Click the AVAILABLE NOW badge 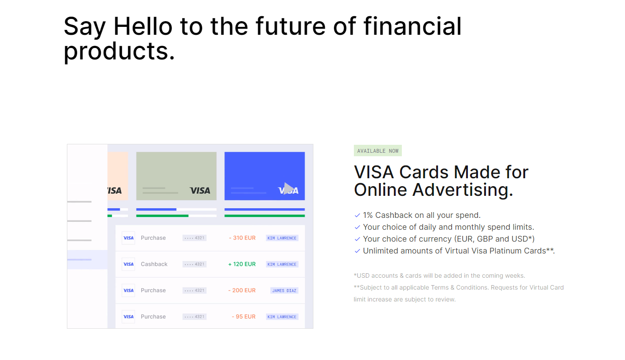tap(378, 151)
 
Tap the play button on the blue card tap(288, 188)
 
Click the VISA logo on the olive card tap(200, 191)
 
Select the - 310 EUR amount tap(242, 238)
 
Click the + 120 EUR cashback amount tap(242, 264)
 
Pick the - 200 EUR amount tap(242, 290)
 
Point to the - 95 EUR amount tap(243, 316)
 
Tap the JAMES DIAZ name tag tap(284, 290)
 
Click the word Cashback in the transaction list tap(154, 264)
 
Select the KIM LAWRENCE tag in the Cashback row tap(282, 264)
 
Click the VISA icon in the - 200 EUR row tap(129, 290)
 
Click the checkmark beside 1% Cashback tap(357, 215)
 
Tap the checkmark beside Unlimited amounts tap(357, 251)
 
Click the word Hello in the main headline tap(143, 26)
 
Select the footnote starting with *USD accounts tap(439, 276)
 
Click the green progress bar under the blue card tap(265, 216)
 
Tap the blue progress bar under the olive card tap(156, 209)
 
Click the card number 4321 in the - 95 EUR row tap(195, 317)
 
